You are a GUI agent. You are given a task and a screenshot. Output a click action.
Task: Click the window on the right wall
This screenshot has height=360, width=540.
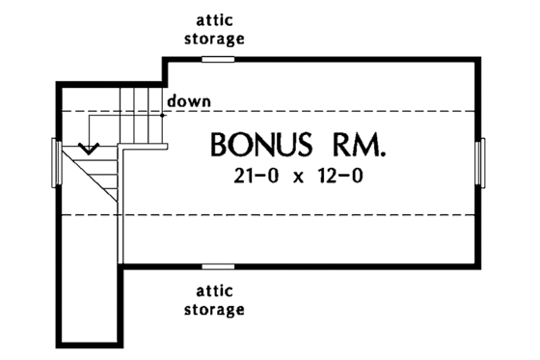(480, 159)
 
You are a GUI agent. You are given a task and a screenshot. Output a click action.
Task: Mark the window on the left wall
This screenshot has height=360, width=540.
(55, 160)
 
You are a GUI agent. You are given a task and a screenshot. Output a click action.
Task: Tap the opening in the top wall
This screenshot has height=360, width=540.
(218, 59)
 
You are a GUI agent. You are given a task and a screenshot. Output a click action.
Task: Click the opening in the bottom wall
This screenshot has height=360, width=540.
(218, 264)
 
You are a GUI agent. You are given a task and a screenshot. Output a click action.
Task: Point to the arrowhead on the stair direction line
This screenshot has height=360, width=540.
(90, 150)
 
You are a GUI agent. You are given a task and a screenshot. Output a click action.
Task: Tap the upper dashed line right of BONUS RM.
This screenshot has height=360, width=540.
(434, 112)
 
